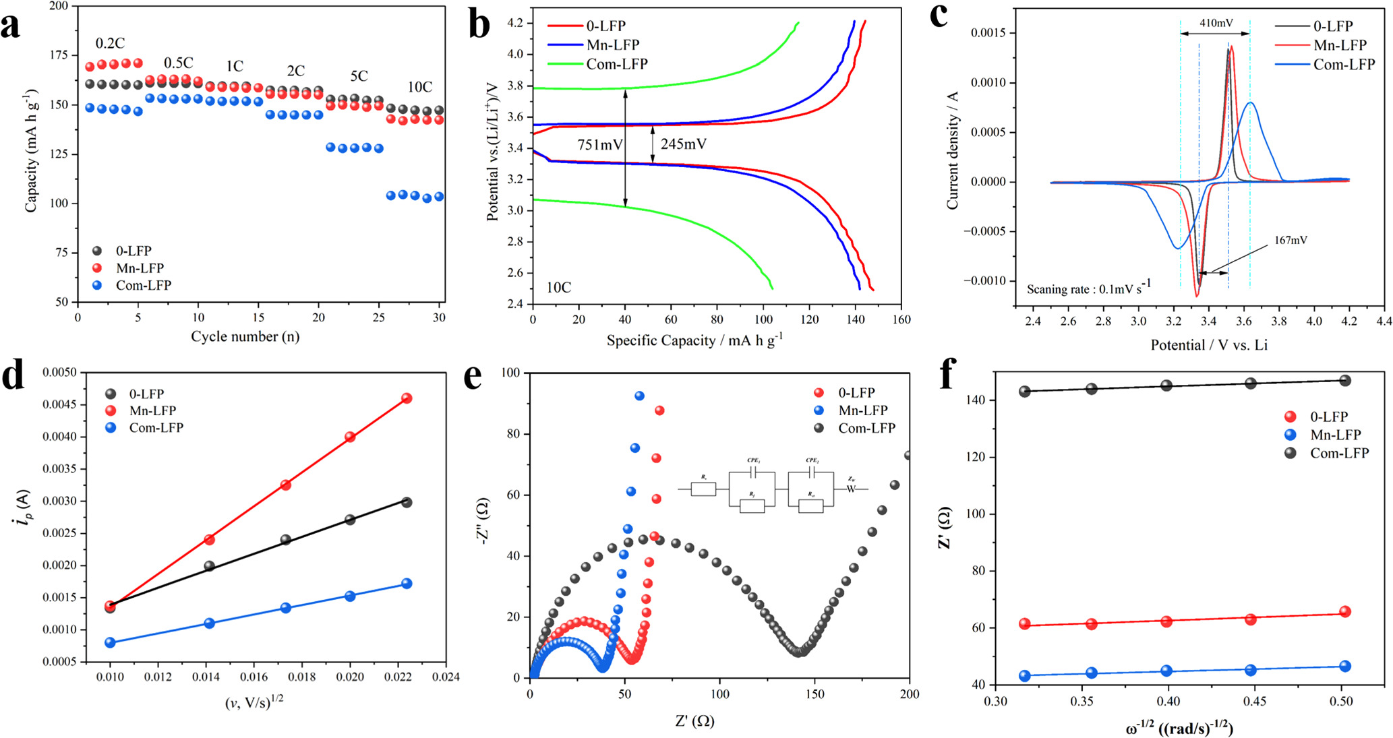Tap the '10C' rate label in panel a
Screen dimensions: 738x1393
419,87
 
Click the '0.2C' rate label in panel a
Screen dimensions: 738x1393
109,44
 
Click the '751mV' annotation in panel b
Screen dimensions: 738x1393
599,144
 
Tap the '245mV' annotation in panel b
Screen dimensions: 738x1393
682,144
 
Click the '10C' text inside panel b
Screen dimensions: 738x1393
558,288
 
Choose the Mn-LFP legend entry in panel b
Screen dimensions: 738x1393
593,45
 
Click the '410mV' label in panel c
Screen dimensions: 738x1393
1216,23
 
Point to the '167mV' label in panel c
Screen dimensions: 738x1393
1291,240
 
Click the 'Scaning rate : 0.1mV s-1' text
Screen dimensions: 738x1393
1088,288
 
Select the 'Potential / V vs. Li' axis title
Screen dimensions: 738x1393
1208,345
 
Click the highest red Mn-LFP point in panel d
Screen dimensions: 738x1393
407,398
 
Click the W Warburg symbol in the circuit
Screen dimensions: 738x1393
851,489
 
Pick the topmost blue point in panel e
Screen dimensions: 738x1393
639,396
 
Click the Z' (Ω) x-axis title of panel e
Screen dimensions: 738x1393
694,721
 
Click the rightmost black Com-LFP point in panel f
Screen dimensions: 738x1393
1344,381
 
